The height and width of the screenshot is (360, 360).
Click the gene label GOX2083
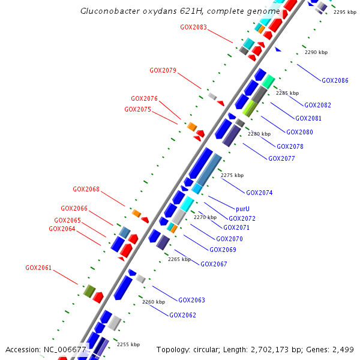pos(193,27)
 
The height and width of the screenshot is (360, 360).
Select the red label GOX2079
pos(163,70)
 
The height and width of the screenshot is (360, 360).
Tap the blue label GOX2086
pos(335,80)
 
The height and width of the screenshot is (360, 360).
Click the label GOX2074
pos(259,193)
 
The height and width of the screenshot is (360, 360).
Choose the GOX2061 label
pos(38,268)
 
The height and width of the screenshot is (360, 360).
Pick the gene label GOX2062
pos(182,315)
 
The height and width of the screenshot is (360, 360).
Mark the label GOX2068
pos(86,189)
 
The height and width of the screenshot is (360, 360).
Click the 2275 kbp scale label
pos(232,175)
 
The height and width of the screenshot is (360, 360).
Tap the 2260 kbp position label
pos(153,302)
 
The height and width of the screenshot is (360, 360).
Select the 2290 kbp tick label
pos(316,53)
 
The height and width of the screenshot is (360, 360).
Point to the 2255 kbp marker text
pos(128,344)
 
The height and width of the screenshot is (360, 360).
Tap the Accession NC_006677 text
pos(46,349)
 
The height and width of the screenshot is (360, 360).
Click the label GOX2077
pos(281,158)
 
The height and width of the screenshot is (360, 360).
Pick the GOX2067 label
pos(214,264)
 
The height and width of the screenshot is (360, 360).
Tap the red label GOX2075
pos(137,109)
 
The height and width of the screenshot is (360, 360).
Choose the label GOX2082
pos(317,106)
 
